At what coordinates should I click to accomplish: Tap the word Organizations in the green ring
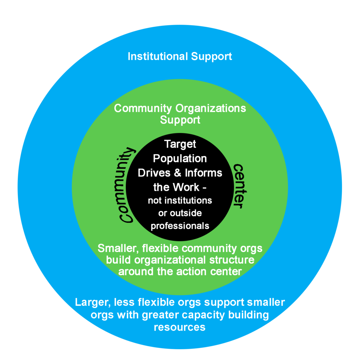click(211, 108)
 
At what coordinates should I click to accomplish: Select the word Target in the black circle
click(180, 144)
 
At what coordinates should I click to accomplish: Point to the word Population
click(180, 159)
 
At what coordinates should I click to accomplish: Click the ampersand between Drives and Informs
click(178, 173)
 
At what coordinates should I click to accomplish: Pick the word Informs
click(204, 173)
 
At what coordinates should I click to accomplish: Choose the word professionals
click(180, 226)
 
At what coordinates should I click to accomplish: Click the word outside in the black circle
click(186, 213)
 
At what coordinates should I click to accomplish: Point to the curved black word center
click(239, 186)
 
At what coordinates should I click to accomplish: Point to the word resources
click(180, 327)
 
